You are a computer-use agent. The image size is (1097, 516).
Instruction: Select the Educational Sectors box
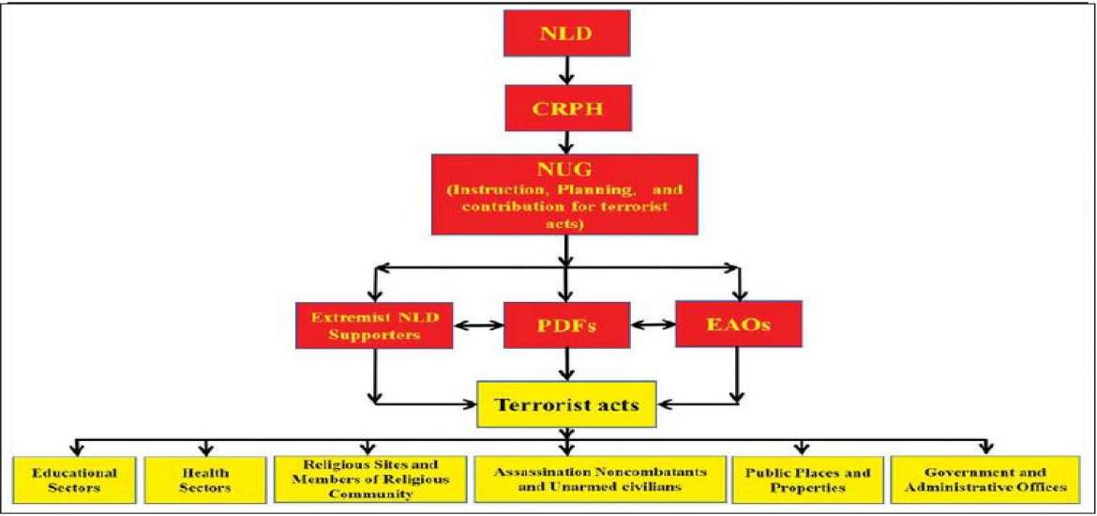pyautogui.click(x=74, y=480)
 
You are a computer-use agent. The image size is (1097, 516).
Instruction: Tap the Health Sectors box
pyautogui.click(x=205, y=480)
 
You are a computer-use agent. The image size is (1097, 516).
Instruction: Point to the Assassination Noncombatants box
pyautogui.click(x=601, y=480)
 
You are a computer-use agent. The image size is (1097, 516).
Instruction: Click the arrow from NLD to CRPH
pyautogui.click(x=564, y=71)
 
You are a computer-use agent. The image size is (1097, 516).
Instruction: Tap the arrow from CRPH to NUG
pyautogui.click(x=564, y=142)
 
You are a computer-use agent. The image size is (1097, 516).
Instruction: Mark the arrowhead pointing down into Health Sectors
pyautogui.click(x=205, y=449)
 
